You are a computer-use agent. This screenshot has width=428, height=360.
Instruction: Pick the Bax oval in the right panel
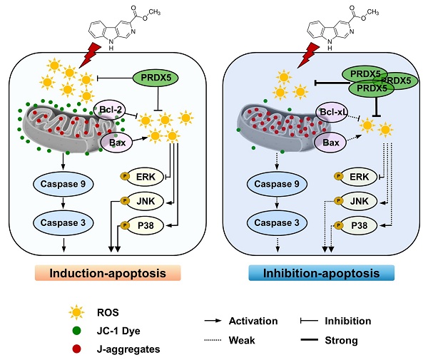(331, 143)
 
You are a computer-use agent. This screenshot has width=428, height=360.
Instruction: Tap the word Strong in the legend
(343, 340)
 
